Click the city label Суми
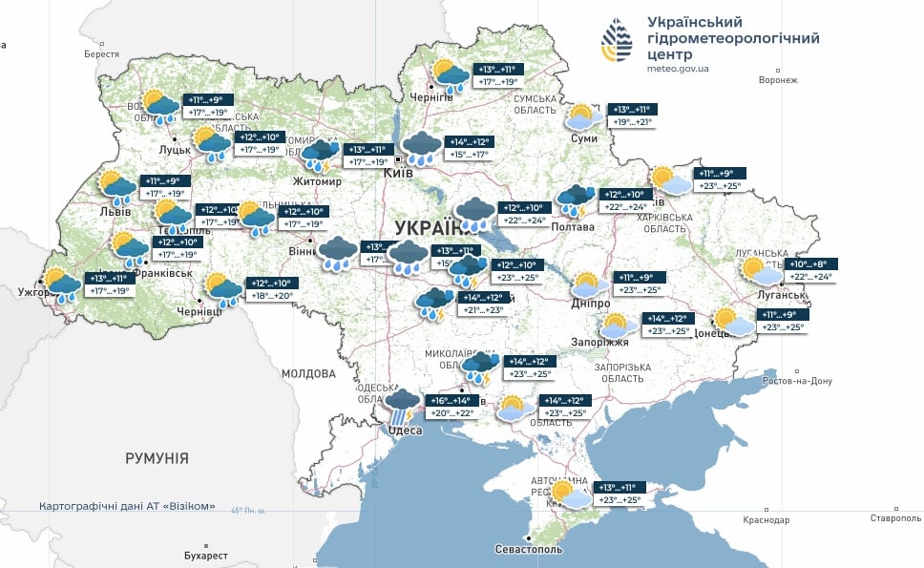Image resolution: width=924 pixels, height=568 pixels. coord(584,139)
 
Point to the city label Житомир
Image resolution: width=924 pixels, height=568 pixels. coord(319,181)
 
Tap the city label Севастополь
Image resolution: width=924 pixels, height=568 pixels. coord(529,550)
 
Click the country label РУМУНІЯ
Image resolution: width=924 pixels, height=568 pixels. coord(157,458)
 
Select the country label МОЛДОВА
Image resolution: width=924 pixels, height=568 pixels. coord(308,371)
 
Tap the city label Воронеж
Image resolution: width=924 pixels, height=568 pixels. coord(777,80)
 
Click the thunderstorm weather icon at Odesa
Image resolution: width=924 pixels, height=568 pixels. coord(402,406)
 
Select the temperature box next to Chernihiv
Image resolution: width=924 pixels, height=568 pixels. coord(497,75)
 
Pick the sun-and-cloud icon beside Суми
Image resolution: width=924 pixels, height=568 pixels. coord(583,117)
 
